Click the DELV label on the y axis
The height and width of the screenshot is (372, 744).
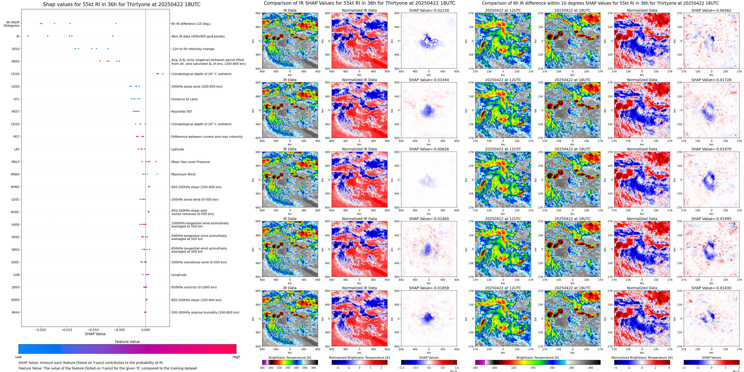coord(16,49)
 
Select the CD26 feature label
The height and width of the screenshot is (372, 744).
coord(15,74)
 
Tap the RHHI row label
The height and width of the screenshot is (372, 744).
coord(16,312)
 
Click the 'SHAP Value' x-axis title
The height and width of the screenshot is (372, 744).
coord(95,334)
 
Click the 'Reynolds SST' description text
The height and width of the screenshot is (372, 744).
coord(182,111)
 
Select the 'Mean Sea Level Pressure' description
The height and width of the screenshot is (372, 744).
coord(191,162)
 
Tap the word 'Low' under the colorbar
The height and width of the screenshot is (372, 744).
coord(19,357)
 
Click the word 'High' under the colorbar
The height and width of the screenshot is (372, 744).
coord(236,357)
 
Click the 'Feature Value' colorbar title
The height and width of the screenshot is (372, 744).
coord(127,342)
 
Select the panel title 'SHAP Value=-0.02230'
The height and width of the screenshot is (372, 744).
coord(429,10)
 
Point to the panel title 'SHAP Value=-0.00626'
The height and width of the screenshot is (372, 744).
coord(429,149)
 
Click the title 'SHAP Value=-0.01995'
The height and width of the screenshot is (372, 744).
coord(711,219)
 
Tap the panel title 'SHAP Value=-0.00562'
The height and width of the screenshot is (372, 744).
coord(711,10)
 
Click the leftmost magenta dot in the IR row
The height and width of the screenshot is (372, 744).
coord(28,36)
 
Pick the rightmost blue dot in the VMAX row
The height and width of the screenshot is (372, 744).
coord(157,174)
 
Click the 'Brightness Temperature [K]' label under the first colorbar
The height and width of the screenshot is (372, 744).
coord(290,358)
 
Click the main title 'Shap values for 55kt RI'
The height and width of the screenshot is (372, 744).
coord(122,4)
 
